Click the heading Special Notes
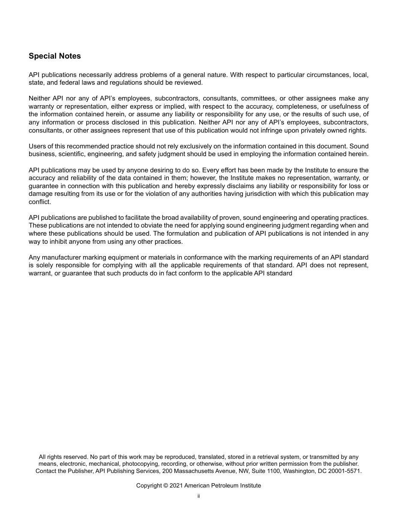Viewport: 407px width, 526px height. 54,56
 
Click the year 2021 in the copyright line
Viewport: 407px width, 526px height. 177,485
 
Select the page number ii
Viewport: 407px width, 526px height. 199,496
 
